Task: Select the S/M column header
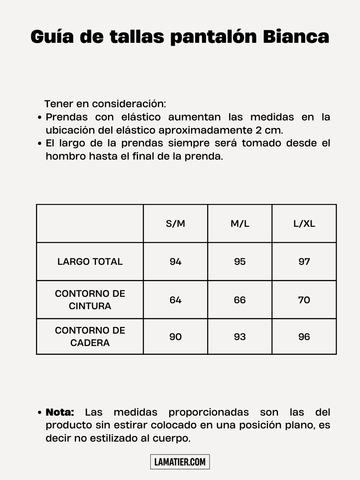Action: coord(176,224)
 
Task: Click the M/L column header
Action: coord(240,224)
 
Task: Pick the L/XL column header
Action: coord(304,224)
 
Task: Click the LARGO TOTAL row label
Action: coord(90,262)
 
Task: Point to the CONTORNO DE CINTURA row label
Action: coord(90,300)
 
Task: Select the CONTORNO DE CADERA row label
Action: coord(90,336)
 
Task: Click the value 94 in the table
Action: coord(176,262)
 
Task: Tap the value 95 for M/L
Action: coord(240,262)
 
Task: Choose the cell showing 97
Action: coord(304,262)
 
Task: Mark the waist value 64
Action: coord(176,300)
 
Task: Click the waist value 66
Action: coord(240,300)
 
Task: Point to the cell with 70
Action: coord(304,300)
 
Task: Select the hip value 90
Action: coord(176,337)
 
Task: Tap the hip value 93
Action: coord(240,337)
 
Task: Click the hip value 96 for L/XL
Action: coord(304,337)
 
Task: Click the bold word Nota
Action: coord(60,412)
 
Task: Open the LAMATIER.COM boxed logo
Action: coord(180,462)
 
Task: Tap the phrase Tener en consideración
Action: coord(105,104)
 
